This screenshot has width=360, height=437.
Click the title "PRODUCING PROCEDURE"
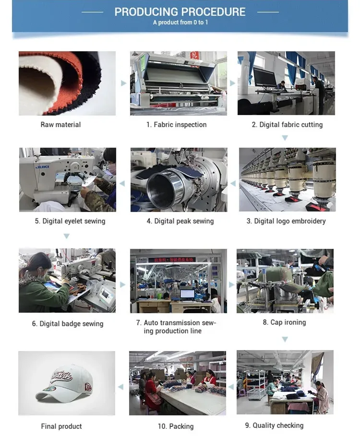click(x=180, y=12)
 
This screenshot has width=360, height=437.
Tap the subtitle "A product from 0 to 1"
click(x=180, y=22)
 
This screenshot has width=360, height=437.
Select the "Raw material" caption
click(x=60, y=125)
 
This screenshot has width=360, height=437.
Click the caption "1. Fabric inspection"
click(x=177, y=125)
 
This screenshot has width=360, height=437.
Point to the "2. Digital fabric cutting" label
click(x=287, y=125)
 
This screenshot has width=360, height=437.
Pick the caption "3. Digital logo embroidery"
click(x=286, y=221)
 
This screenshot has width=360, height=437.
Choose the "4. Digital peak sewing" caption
click(x=180, y=221)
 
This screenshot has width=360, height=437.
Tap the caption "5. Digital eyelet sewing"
click(x=70, y=221)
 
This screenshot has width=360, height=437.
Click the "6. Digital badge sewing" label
click(x=68, y=324)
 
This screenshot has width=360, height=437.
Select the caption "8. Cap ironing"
click(x=284, y=322)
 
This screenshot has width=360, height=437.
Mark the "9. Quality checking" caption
click(x=274, y=425)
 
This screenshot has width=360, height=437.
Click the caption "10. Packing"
click(x=176, y=426)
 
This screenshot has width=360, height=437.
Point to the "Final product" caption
click(x=61, y=426)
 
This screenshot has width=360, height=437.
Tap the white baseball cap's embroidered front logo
click(x=62, y=376)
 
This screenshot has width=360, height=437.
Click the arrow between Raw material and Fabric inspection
click(x=123, y=83)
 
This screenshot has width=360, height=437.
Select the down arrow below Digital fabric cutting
click(x=285, y=138)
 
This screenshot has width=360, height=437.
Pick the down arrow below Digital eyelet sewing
click(x=66, y=236)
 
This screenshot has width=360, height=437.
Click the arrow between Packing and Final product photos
click(x=121, y=387)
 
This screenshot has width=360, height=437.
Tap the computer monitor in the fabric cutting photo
click(x=264, y=78)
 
